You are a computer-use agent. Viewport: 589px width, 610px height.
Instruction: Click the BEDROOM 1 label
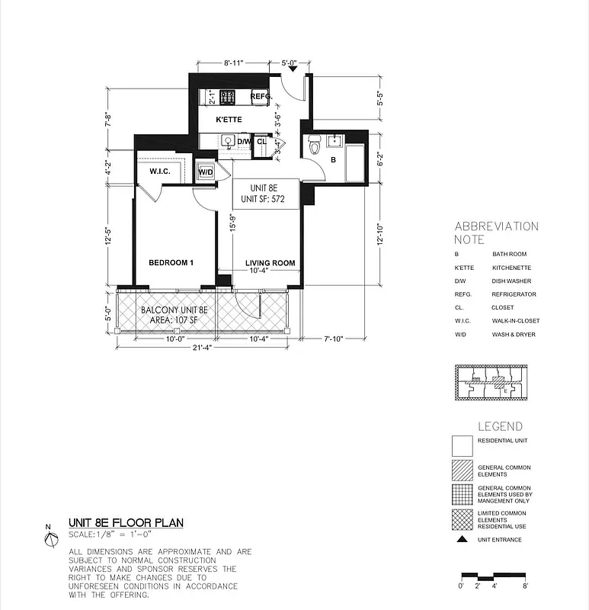(171, 263)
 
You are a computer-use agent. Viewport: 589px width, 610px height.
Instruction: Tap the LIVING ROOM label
(270, 264)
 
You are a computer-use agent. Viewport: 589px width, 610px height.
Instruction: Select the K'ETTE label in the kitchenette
(229, 120)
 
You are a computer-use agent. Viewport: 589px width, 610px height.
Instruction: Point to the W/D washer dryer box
(206, 172)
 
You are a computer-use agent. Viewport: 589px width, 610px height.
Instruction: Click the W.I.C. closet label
(159, 172)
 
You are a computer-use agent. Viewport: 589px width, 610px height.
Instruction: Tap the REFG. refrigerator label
(261, 97)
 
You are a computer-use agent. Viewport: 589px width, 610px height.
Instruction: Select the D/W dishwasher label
(243, 142)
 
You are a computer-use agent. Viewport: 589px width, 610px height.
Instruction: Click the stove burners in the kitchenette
(227, 97)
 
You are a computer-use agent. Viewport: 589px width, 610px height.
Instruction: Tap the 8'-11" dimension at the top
(233, 63)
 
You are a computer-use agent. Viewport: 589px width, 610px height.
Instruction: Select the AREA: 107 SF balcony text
(174, 322)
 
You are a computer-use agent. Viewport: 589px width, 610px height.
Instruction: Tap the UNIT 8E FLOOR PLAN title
(126, 523)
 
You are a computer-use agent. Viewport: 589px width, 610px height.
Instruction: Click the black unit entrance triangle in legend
(462, 540)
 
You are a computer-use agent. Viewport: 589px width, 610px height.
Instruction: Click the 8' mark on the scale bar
(526, 586)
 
